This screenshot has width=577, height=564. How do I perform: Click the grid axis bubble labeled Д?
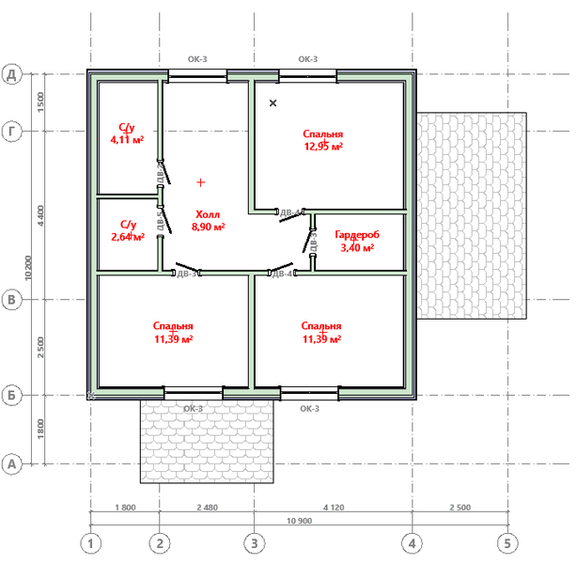tap(13, 74)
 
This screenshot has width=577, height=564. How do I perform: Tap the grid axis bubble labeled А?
tap(13, 463)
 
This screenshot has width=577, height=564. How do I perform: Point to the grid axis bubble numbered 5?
tap(507, 543)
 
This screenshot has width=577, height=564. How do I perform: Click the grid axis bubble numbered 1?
tap(90, 543)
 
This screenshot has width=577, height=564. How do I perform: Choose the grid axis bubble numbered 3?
tap(254, 543)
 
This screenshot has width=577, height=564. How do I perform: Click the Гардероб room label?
tap(356, 235)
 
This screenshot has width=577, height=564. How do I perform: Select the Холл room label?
tap(207, 214)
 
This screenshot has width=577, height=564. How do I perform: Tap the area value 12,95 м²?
tap(322, 147)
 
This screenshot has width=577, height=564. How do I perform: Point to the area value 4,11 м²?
tap(127, 139)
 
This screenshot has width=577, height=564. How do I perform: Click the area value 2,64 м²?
tap(127, 237)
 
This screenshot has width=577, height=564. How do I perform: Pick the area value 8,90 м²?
tap(207, 227)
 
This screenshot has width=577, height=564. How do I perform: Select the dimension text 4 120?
tap(333, 508)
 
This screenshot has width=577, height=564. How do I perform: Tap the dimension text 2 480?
tap(207, 508)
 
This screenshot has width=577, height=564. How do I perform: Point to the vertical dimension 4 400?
tap(39, 215)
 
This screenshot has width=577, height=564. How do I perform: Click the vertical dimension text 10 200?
tap(30, 268)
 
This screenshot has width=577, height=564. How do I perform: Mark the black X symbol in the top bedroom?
tap(273, 102)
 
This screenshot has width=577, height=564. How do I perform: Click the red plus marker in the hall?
tap(200, 181)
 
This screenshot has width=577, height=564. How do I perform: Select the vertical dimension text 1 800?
tap(39, 430)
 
